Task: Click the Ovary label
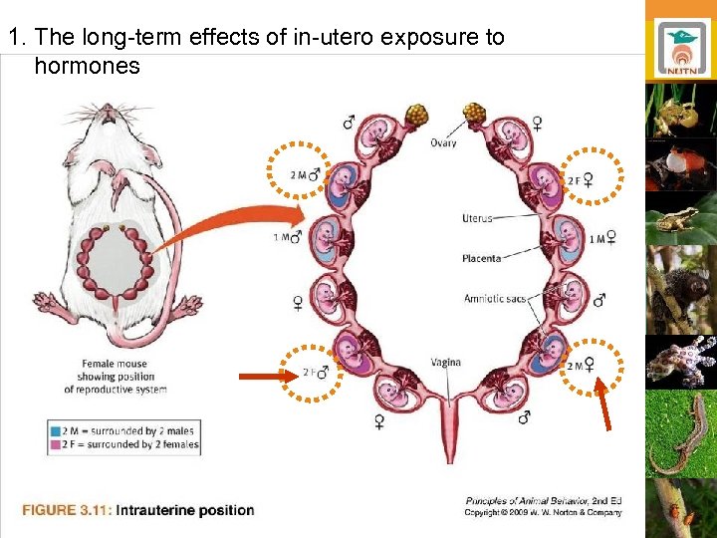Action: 444,143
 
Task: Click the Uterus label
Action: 477,218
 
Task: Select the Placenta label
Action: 481,258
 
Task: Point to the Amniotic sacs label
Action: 494,299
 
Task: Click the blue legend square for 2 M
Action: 54,430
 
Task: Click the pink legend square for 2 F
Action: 54,444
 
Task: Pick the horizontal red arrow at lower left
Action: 267,377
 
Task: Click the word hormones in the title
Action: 87,67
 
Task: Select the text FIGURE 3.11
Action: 66,510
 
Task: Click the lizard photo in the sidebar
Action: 682,434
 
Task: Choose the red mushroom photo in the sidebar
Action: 682,164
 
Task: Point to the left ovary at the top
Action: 415,114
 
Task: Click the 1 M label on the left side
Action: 283,237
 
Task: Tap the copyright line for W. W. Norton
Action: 543,512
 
